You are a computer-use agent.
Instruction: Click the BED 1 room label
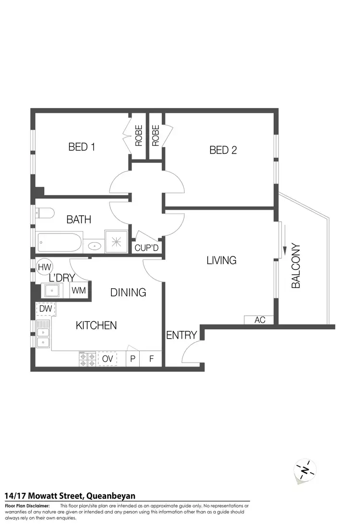82,147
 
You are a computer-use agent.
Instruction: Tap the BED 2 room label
223,150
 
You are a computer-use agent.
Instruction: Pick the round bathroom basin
95,246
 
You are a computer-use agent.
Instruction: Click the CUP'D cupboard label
146,248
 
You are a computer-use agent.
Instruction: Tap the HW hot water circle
45,267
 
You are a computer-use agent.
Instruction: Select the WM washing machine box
79,291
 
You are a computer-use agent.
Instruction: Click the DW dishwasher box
46,308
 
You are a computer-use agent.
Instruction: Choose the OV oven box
108,358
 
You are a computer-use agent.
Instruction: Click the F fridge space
151,358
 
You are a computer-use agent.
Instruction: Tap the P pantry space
132,358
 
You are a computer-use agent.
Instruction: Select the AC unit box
260,320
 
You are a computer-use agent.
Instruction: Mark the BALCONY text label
296,266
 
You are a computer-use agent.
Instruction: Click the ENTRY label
181,335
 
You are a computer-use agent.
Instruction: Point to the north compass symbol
305,469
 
